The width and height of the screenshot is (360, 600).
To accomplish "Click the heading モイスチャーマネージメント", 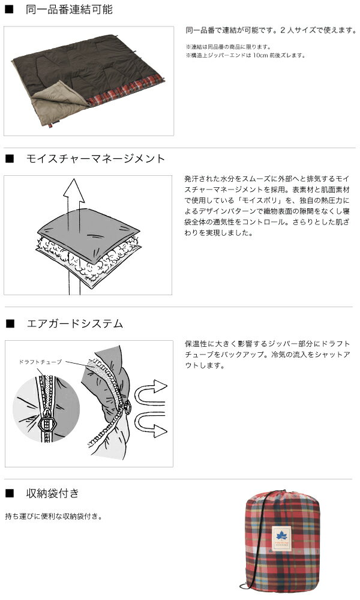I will click(x=95, y=159).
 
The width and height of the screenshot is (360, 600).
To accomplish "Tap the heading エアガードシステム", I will click(x=75, y=324).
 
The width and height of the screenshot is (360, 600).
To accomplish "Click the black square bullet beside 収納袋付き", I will click(x=9, y=494).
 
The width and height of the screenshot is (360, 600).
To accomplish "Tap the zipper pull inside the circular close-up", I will click(x=44, y=425).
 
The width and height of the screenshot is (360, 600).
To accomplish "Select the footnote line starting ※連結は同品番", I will click(x=227, y=47).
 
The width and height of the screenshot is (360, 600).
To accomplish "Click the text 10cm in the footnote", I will click(x=262, y=55).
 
